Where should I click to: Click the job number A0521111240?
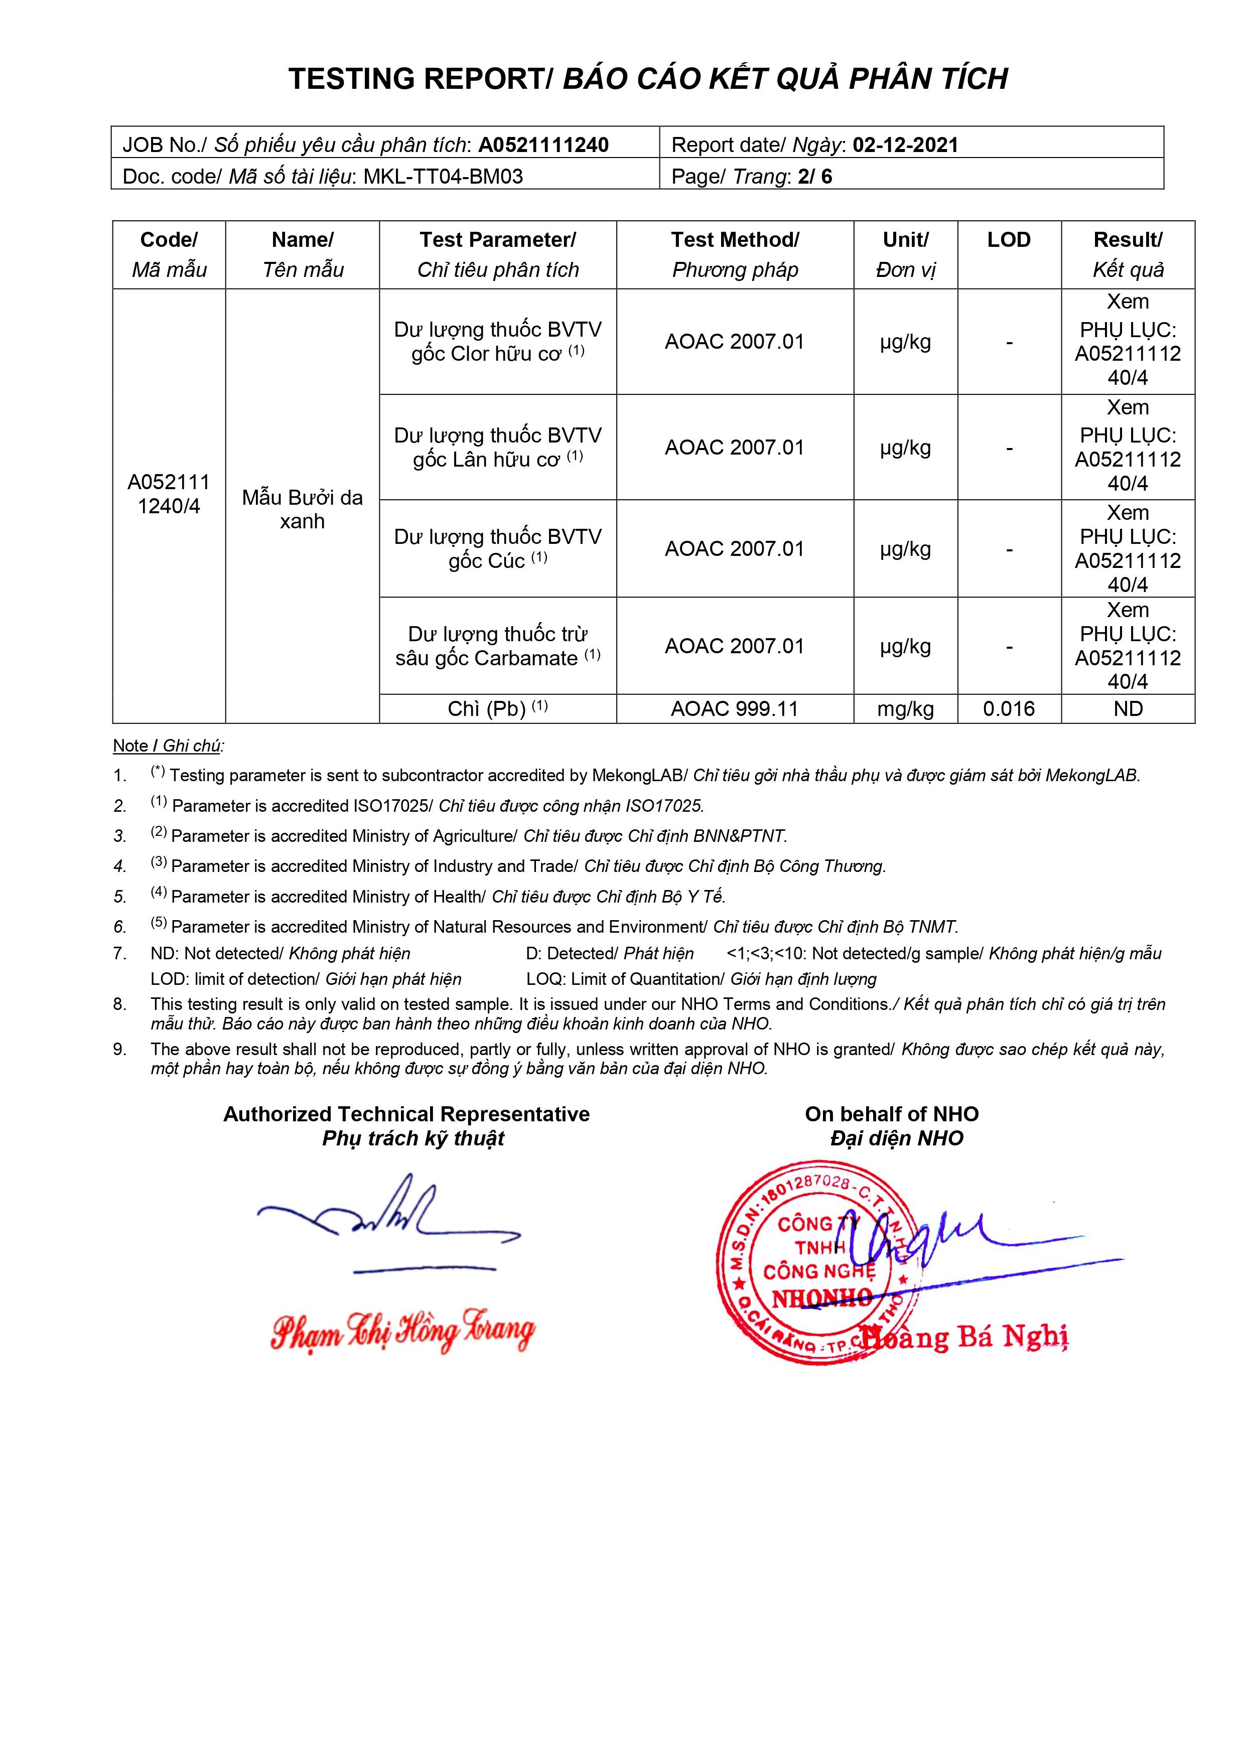pyautogui.click(x=543, y=145)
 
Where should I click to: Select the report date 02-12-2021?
pyautogui.click(x=905, y=145)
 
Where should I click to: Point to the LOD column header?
pyautogui.click(x=1008, y=240)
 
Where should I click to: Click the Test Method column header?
pyautogui.click(x=735, y=254)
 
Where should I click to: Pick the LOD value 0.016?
pyautogui.click(x=1008, y=709)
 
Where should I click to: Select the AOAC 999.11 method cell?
pyautogui.click(x=735, y=709)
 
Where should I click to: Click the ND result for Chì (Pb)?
pyautogui.click(x=1128, y=709)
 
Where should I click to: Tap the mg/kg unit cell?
pyautogui.click(x=905, y=709)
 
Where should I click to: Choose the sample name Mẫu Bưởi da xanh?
pyautogui.click(x=302, y=509)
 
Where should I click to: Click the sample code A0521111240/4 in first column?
pyautogui.click(x=169, y=494)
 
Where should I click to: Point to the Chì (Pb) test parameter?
pyautogui.click(x=497, y=709)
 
